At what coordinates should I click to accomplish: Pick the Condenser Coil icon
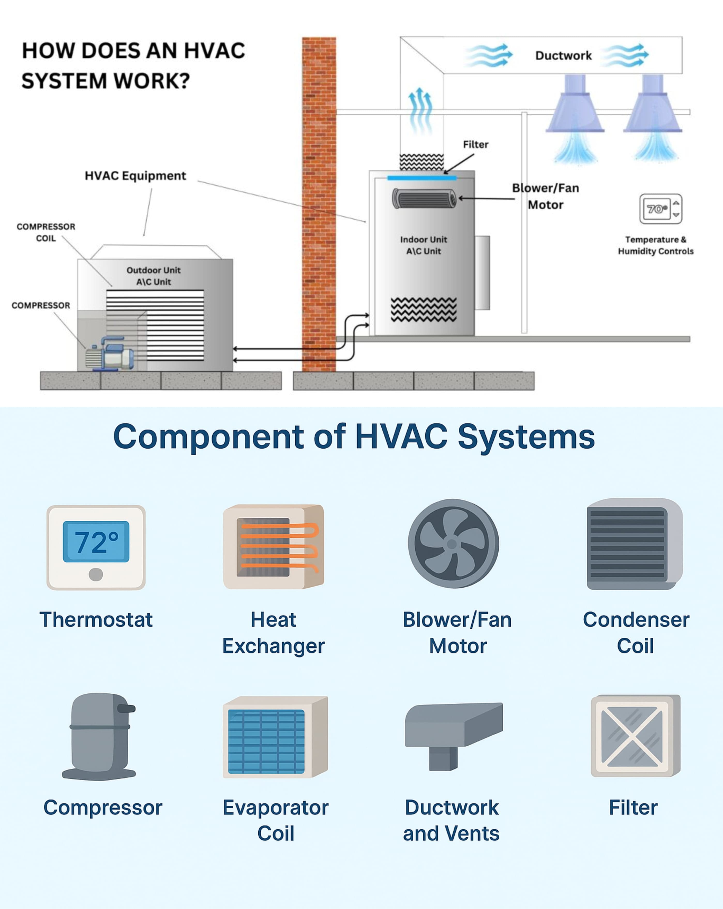pyautogui.click(x=635, y=544)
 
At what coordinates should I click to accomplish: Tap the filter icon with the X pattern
pyautogui.click(x=635, y=736)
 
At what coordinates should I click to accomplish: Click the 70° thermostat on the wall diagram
pyautogui.click(x=660, y=209)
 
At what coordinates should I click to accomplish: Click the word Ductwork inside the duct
pyautogui.click(x=563, y=56)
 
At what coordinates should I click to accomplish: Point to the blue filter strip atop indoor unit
pyautogui.click(x=421, y=178)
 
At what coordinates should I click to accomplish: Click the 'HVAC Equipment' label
pyautogui.click(x=135, y=176)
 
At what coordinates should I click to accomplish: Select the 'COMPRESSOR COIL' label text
pyautogui.click(x=46, y=232)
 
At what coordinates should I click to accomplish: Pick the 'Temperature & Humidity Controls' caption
pyautogui.click(x=656, y=245)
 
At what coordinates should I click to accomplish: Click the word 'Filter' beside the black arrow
pyautogui.click(x=476, y=145)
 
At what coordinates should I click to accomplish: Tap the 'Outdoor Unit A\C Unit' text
pyautogui.click(x=153, y=276)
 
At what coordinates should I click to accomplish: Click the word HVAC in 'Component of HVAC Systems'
pyautogui.click(x=401, y=437)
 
